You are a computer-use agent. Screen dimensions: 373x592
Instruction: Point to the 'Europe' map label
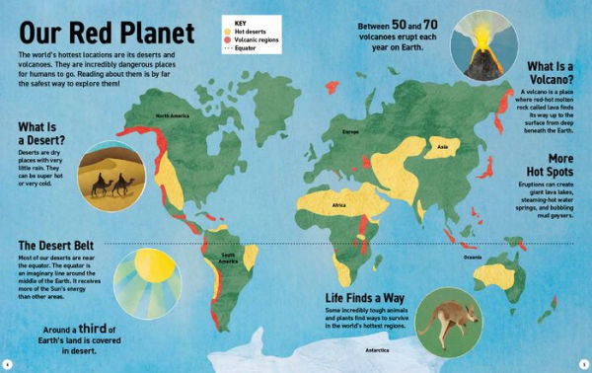pyautogui.click(x=349, y=130)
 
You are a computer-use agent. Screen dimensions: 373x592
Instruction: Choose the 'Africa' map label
pyautogui.click(x=338, y=206)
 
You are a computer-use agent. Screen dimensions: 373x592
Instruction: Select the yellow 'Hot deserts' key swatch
pyautogui.click(x=226, y=29)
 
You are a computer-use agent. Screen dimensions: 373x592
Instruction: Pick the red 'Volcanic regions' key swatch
pyautogui.click(x=226, y=37)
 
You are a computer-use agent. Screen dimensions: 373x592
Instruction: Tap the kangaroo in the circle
pyautogui.click(x=443, y=318)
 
